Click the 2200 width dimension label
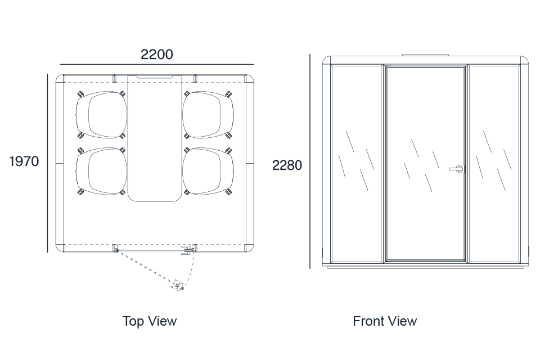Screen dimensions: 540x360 pyautogui.click(x=157, y=54)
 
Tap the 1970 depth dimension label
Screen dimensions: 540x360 pyautogui.click(x=24, y=161)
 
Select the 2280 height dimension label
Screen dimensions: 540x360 pyautogui.click(x=287, y=165)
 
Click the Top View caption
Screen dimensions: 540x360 pyautogui.click(x=150, y=321)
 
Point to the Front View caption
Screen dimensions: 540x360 pyautogui.click(x=385, y=321)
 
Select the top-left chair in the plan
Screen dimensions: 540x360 pyautogui.click(x=101, y=115)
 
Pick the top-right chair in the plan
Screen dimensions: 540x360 pyautogui.click(x=208, y=115)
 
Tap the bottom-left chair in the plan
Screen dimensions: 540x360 pyautogui.click(x=101, y=171)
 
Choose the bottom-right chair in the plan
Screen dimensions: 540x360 pyautogui.click(x=208, y=171)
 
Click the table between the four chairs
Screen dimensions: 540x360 pyautogui.click(x=155, y=138)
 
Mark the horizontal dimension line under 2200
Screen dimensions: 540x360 pyautogui.click(x=157, y=65)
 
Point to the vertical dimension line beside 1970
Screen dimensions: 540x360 pyautogui.click(x=47, y=163)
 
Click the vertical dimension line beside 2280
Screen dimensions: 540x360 pyautogui.click(x=309, y=161)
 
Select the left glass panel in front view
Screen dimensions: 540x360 pyautogui.click(x=357, y=164)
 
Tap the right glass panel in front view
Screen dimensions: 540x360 pyautogui.click(x=494, y=164)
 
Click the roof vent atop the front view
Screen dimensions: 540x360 pyautogui.click(x=426, y=55)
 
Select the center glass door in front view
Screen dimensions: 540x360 pyautogui.click(x=426, y=164)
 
